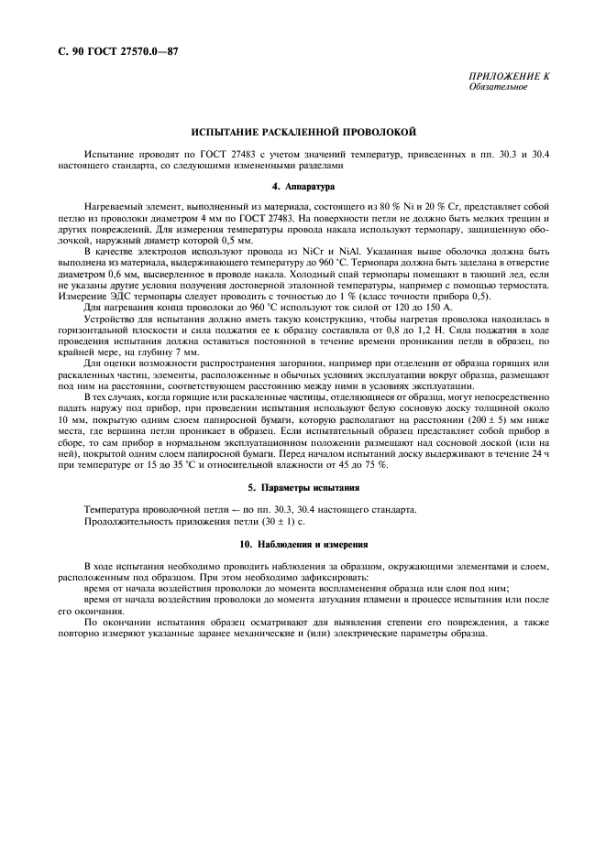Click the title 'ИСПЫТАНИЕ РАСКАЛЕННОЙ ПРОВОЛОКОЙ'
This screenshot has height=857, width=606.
303,132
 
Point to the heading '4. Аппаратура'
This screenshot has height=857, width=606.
303,186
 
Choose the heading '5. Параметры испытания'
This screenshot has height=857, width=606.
303,487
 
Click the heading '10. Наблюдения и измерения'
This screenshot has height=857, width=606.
303,545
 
